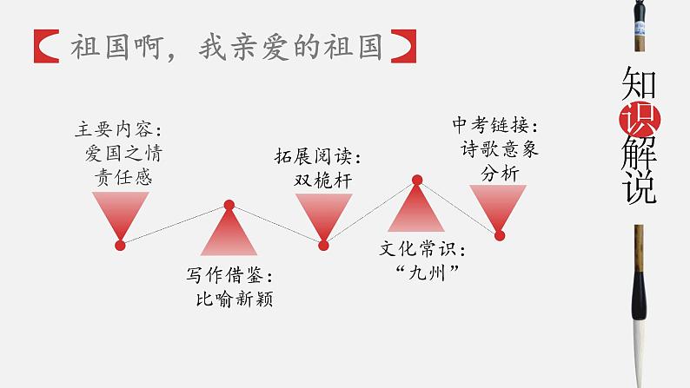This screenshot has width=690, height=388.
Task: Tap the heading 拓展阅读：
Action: click(322, 158)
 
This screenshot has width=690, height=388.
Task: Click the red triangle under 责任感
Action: click(120, 213)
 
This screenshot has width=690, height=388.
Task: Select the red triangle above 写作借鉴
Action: click(229, 234)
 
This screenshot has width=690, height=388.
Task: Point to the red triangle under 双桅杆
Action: click(323, 214)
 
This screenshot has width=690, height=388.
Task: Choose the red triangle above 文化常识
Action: click(416, 209)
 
